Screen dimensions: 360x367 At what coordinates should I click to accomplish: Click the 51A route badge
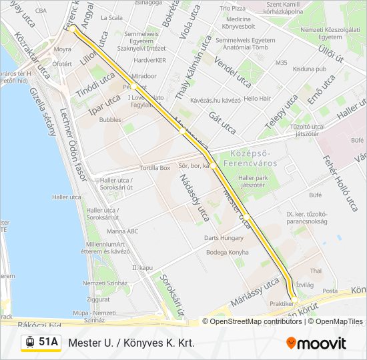[41, 343]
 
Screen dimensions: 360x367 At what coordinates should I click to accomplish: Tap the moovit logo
[316, 343]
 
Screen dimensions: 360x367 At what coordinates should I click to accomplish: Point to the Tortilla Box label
[155, 168]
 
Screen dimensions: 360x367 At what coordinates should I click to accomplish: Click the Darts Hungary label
[224, 238]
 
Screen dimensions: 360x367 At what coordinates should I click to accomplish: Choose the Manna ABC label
[122, 231]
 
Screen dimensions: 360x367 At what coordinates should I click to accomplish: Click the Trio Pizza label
[233, 8]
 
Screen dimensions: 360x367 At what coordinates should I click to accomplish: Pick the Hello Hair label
[258, 99]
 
